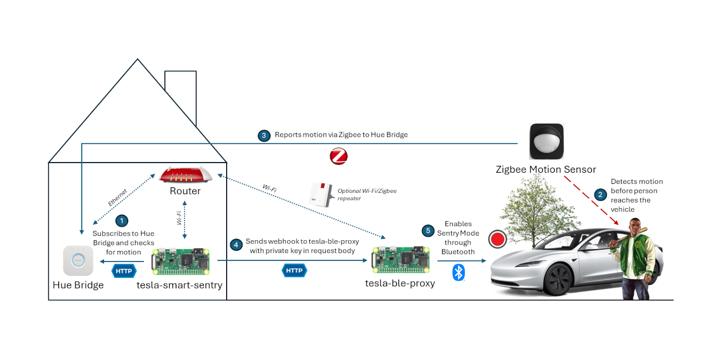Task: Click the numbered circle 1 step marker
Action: pyautogui.click(x=121, y=220)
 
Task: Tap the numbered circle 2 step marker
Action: pyautogui.click(x=601, y=195)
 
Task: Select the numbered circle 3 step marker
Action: pyautogui.click(x=264, y=136)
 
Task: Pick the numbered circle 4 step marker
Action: pyautogui.click(x=237, y=245)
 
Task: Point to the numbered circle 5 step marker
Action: pyautogui.click(x=429, y=231)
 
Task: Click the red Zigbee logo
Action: pyautogui.click(x=339, y=156)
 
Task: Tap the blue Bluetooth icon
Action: pyautogui.click(x=459, y=273)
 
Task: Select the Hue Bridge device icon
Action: pyautogui.click(x=78, y=260)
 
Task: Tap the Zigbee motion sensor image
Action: pyautogui.click(x=546, y=141)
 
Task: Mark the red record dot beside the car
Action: pyautogui.click(x=497, y=239)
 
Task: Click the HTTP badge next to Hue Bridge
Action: pyautogui.click(x=124, y=271)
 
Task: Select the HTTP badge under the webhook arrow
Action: pyautogui.click(x=294, y=271)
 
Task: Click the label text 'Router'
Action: pyautogui.click(x=185, y=191)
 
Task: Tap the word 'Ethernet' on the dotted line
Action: pyautogui.click(x=117, y=197)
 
